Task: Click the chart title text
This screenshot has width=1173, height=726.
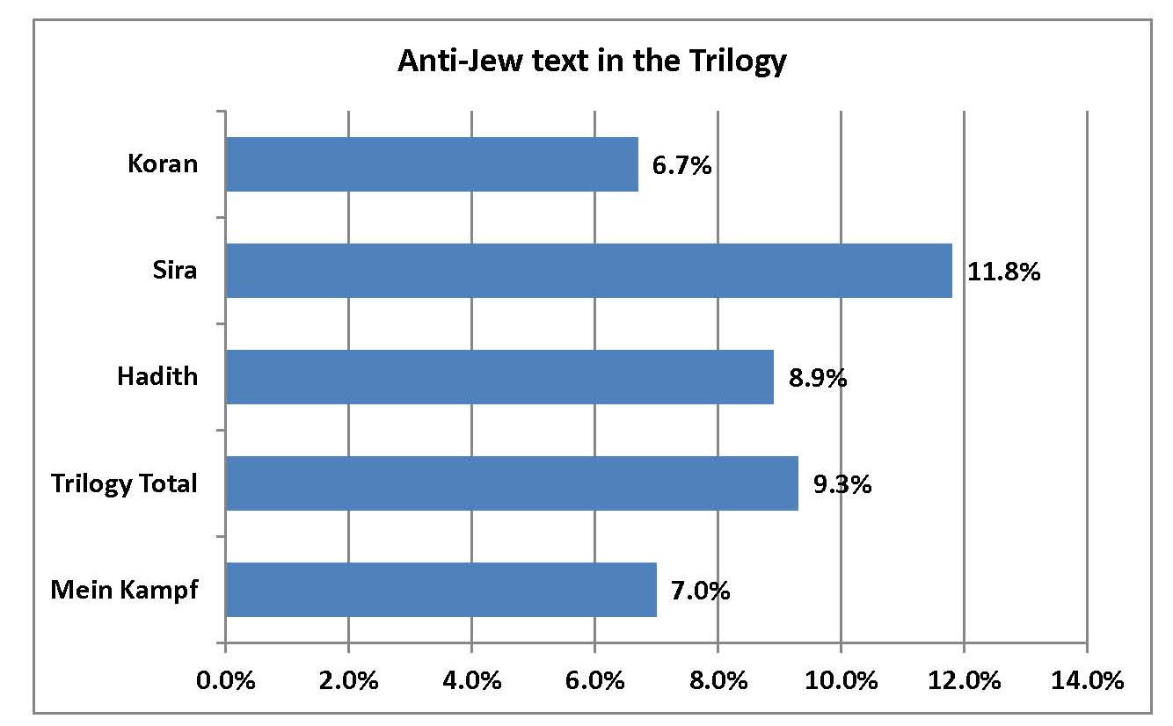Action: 591,62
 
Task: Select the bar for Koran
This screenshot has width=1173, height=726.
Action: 432,164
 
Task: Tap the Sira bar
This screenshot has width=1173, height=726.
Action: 588,271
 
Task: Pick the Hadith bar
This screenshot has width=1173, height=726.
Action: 499,377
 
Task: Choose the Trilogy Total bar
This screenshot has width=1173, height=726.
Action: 512,483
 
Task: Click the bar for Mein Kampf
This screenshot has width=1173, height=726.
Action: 441,590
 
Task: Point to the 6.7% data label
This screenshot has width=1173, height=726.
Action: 681,165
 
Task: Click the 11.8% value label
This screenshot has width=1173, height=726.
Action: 1004,272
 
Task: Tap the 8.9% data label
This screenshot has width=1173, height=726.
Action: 817,378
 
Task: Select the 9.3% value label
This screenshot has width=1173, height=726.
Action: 841,484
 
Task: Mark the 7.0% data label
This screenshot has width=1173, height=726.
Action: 700,591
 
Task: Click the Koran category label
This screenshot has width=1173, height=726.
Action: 163,164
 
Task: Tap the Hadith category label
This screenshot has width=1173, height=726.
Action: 157,377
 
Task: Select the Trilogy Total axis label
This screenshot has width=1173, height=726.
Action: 124,483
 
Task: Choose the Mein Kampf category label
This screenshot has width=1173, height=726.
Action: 124,590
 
